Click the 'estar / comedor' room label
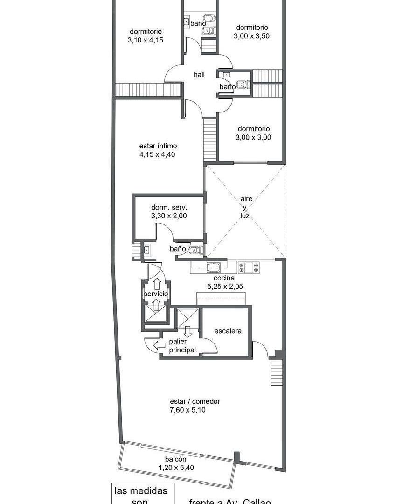tap(195, 401)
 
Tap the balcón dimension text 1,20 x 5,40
tap(175, 468)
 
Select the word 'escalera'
tap(228, 331)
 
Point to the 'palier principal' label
tap(182, 346)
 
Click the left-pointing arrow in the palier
tap(160, 345)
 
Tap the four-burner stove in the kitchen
tap(249, 267)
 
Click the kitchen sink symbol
tap(214, 268)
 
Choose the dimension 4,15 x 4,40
tap(157, 154)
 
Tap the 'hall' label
tap(199, 75)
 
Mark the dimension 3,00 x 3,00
tap(254, 138)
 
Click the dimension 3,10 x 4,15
tap(145, 40)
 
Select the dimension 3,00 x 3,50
tap(252, 35)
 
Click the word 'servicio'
tap(155, 294)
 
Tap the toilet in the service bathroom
tap(196, 250)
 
